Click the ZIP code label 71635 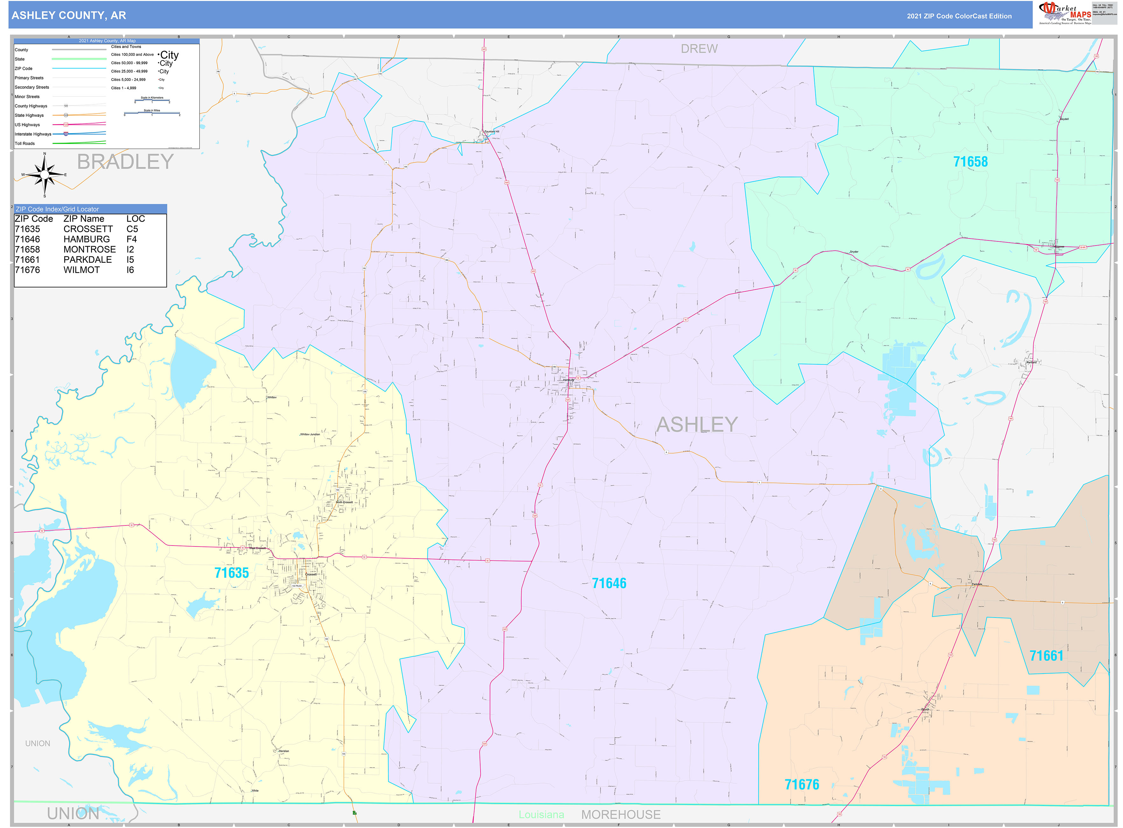tap(231, 573)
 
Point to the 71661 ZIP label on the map tap(1046, 656)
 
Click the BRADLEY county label tap(125, 162)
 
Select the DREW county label tap(699, 49)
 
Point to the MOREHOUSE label tap(621, 815)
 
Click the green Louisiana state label tap(541, 815)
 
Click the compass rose tap(45, 175)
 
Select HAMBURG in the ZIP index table tap(87, 239)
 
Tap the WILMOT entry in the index tap(82, 270)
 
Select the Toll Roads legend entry tap(25, 143)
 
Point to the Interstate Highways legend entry tap(33, 134)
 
